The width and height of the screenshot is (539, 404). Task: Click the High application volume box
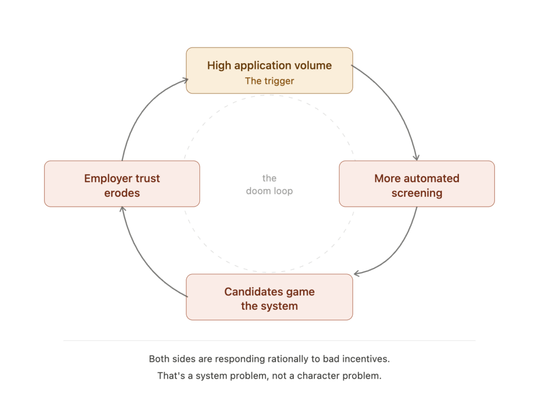269,70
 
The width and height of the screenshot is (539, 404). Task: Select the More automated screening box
416,184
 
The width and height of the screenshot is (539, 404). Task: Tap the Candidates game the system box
269,297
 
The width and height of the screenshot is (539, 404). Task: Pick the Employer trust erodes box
122,184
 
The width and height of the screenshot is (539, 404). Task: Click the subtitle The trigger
269,81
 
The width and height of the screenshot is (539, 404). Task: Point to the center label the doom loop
269,185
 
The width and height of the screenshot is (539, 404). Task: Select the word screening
416,193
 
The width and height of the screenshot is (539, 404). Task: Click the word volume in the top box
314,66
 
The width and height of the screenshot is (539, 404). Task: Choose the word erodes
122,193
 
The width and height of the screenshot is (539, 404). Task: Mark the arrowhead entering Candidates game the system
356,273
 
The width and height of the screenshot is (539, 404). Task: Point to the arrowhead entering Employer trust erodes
122,209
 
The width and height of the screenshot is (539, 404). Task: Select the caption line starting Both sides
269,359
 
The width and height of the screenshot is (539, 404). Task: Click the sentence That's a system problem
269,377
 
